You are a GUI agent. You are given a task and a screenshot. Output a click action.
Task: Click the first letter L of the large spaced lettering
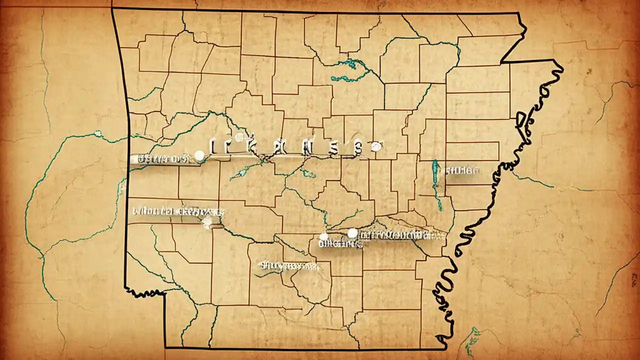(212, 146)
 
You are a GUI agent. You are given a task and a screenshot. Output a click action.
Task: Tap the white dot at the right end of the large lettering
(376, 146)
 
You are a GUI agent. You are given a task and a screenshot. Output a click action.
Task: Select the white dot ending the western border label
(199, 156)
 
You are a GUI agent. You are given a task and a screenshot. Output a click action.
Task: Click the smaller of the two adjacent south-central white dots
(323, 236)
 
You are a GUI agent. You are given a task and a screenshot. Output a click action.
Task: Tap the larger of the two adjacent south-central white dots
(352, 233)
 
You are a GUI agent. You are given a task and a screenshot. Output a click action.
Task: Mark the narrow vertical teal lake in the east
(436, 182)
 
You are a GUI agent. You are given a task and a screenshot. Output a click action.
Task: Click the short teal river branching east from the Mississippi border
(532, 181)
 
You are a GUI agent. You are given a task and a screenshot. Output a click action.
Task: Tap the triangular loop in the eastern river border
(522, 120)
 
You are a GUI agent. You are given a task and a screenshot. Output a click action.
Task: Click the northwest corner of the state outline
(112, 9)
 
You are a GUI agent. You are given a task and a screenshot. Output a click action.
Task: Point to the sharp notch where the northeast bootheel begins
(501, 62)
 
